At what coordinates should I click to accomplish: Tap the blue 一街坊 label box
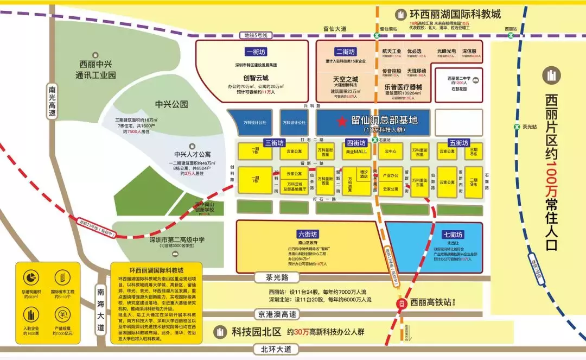pyautogui.click(x=255, y=52)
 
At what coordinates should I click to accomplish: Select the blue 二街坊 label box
pyautogui.click(x=345, y=52)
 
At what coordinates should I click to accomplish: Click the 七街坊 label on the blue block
pyautogui.click(x=451, y=235)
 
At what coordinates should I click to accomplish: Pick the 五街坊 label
pyautogui.click(x=458, y=143)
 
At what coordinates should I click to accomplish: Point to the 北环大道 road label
pyautogui.click(x=279, y=349)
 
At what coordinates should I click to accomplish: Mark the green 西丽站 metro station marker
pyautogui.click(x=510, y=35)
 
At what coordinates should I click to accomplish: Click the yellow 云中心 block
pyautogui.click(x=390, y=151)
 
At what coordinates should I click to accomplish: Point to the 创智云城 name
pyautogui.click(x=255, y=78)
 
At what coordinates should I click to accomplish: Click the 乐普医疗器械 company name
pyautogui.click(x=403, y=86)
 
